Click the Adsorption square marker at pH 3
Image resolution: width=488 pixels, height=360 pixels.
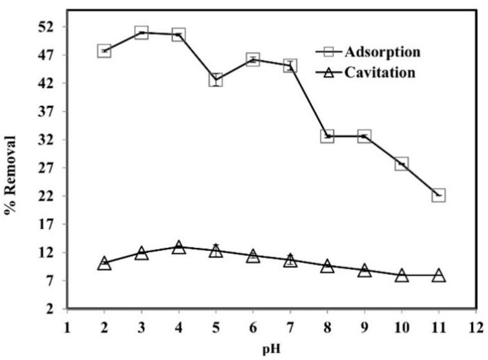(x=142, y=32)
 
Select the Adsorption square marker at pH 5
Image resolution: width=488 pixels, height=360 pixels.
(x=216, y=79)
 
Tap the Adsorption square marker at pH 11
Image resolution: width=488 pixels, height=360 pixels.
(x=438, y=194)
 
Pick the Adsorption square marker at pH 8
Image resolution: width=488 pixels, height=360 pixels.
(x=327, y=136)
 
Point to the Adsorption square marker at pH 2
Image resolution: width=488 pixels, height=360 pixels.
(x=104, y=50)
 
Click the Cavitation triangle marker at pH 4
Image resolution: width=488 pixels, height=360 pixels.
(x=178, y=247)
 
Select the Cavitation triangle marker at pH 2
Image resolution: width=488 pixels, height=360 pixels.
(x=104, y=263)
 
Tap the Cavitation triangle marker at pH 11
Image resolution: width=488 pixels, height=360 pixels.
(x=438, y=275)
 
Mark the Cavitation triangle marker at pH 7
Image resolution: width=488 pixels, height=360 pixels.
(x=290, y=260)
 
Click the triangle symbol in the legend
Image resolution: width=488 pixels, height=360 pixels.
(x=327, y=73)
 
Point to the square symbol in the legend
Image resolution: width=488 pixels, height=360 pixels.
(x=327, y=51)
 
